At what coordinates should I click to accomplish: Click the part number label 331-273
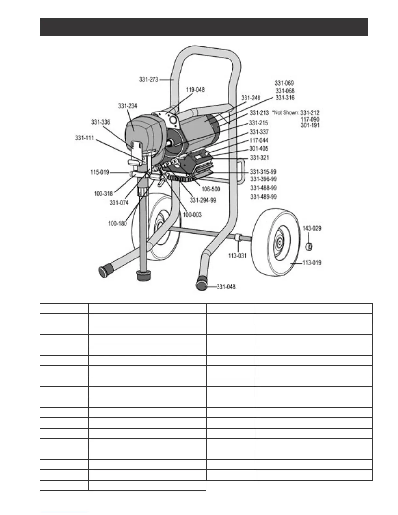coord(149,79)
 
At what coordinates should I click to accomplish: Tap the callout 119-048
coord(195,90)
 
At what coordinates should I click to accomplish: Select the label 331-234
coord(127,106)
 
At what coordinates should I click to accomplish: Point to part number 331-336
coord(100,122)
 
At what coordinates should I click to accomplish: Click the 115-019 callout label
coord(99,172)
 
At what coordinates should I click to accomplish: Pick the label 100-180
coord(117,224)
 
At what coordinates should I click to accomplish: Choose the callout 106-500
coord(211,189)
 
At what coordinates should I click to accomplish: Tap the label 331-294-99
coord(203,200)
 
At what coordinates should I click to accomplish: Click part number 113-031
coord(237,256)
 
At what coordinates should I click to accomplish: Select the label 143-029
coord(312,228)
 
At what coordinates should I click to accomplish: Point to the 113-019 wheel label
coord(312,263)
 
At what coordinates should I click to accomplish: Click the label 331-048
coord(226,287)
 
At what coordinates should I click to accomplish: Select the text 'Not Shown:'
coord(285,113)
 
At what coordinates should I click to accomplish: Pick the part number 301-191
coord(310,125)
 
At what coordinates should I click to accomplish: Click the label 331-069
coord(284,83)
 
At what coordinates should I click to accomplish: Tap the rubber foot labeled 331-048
coord(202,286)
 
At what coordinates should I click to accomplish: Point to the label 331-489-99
coord(263,197)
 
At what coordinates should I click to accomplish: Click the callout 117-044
coord(259,140)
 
